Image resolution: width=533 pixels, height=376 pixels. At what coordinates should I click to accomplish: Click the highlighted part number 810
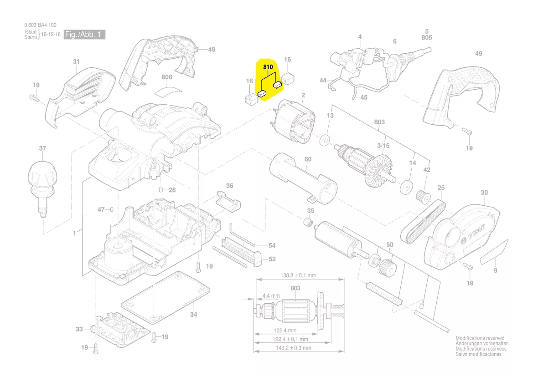point(268,67)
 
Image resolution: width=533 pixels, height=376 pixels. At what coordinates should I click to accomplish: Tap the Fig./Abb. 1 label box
point(85,35)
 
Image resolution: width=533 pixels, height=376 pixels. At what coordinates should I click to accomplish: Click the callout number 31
point(76,61)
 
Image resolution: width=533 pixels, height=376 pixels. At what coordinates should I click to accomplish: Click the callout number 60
point(308,159)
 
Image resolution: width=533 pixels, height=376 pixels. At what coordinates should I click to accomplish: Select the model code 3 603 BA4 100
point(41,25)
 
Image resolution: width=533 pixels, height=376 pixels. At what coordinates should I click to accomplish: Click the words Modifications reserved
point(480,338)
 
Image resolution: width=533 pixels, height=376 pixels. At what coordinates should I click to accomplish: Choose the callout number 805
point(426,38)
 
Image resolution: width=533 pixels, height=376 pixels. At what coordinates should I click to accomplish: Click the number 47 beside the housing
point(101,209)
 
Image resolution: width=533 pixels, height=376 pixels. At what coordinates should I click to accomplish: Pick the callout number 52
point(272,259)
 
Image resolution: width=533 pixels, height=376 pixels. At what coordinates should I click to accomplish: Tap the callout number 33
point(79,329)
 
